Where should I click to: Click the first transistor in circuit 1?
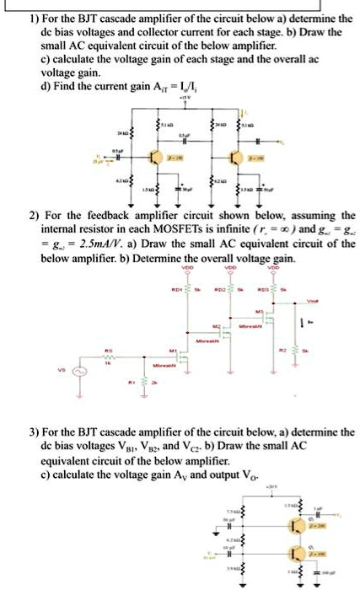click(x=153, y=158)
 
